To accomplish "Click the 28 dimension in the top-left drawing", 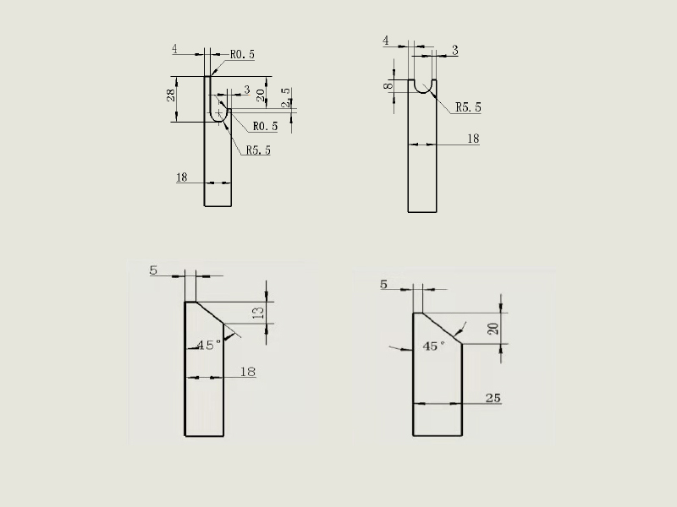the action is coord(171,95).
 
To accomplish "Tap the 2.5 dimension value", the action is coord(286,98).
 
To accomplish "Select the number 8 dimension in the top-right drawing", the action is coord(388,86).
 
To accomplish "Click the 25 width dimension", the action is coord(493,398).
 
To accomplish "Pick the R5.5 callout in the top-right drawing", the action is coord(468,107).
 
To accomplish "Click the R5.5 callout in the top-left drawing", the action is coord(258,150).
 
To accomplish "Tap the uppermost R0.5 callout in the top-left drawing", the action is coord(242,54).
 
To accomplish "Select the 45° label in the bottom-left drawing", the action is coord(209,345).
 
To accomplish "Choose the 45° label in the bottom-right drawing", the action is coord(434,346).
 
